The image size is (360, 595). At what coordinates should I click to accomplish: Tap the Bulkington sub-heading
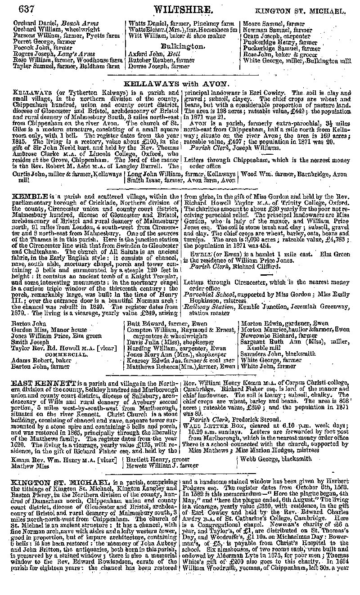coord(183,46)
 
